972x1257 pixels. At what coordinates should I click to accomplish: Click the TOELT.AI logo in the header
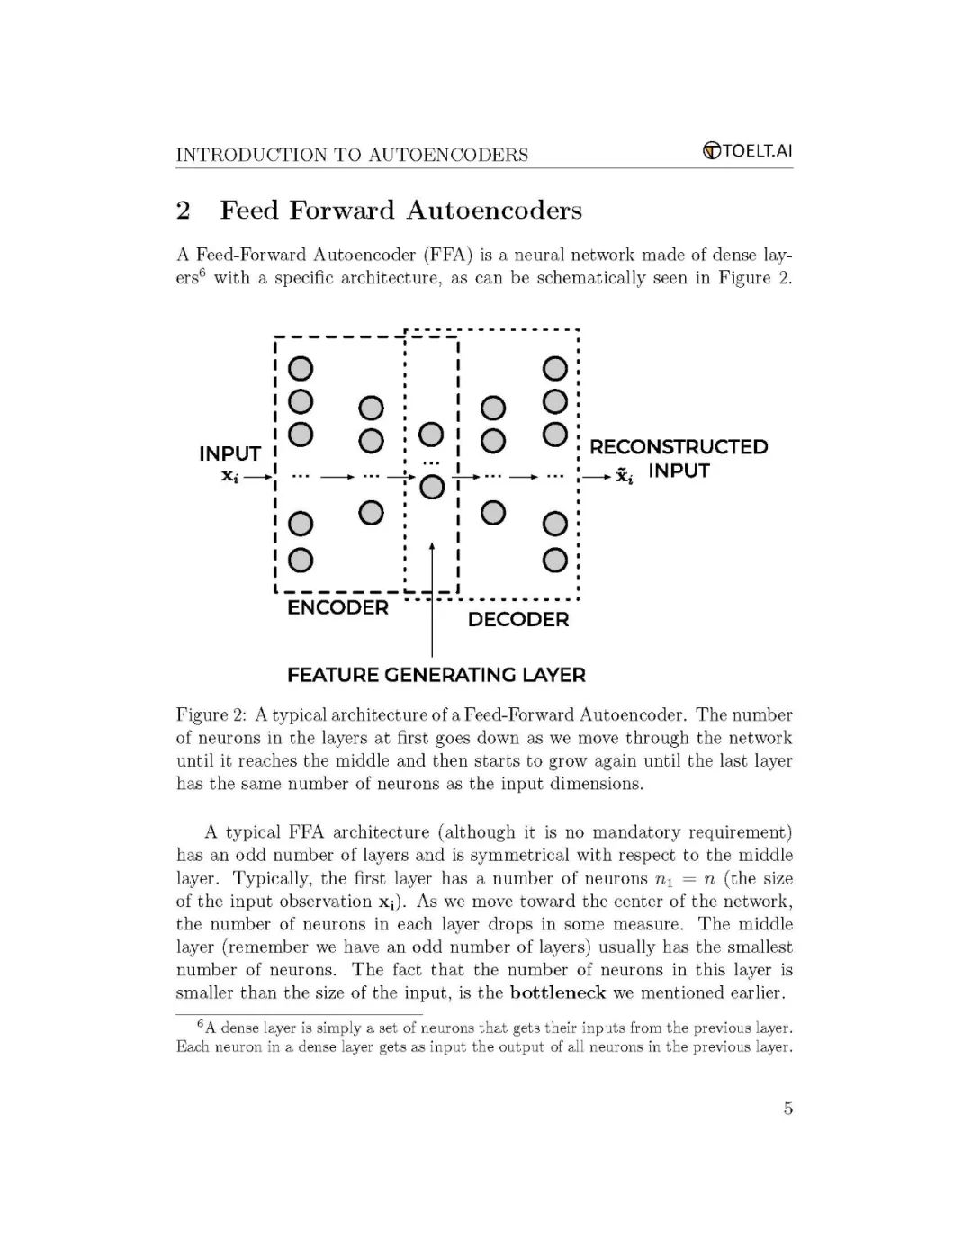coord(747,151)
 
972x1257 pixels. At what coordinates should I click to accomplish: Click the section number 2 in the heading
coord(184,211)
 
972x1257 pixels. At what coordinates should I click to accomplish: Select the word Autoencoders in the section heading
coord(493,211)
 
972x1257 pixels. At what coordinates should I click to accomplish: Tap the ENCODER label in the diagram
coord(337,608)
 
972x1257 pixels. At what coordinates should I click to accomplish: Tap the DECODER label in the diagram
coord(518,620)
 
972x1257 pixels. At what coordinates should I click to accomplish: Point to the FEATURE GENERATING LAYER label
coord(436,675)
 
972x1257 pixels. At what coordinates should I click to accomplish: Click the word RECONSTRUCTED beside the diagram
coord(679,447)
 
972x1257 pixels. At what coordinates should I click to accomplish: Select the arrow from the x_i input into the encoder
coord(256,476)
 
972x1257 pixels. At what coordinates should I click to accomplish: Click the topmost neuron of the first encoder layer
coord(300,369)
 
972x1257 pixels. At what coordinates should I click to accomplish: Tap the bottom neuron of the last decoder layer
coord(555,561)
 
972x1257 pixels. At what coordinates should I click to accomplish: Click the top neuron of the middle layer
coord(432,435)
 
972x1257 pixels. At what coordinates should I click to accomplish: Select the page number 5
coord(788,1109)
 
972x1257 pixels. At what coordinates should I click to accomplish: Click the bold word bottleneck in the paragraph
coord(558,993)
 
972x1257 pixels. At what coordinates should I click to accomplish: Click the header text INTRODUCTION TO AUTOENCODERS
coord(352,155)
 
